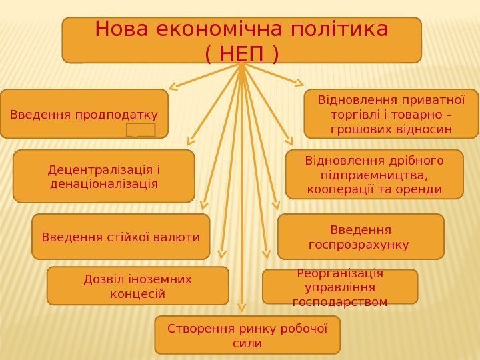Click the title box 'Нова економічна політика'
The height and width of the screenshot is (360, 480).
tap(241, 39)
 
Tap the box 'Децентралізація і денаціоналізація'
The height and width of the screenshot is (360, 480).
tap(104, 175)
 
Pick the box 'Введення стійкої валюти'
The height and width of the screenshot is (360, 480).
tap(121, 237)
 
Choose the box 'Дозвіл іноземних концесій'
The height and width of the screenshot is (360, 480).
tap(137, 285)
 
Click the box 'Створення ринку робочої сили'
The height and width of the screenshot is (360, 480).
tap(247, 335)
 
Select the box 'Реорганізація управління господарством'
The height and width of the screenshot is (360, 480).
tap(340, 287)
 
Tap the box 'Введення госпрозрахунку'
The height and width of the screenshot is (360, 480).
tap(360, 237)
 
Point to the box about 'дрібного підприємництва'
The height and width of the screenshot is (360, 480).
tap(374, 175)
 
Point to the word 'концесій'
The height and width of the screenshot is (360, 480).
tap(137, 293)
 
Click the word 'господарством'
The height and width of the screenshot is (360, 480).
tap(340, 301)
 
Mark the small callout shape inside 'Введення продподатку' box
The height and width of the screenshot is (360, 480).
tap(140, 130)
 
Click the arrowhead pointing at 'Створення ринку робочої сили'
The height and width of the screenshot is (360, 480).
tap(242, 308)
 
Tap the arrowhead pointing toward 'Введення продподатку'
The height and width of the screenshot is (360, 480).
tap(173, 85)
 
